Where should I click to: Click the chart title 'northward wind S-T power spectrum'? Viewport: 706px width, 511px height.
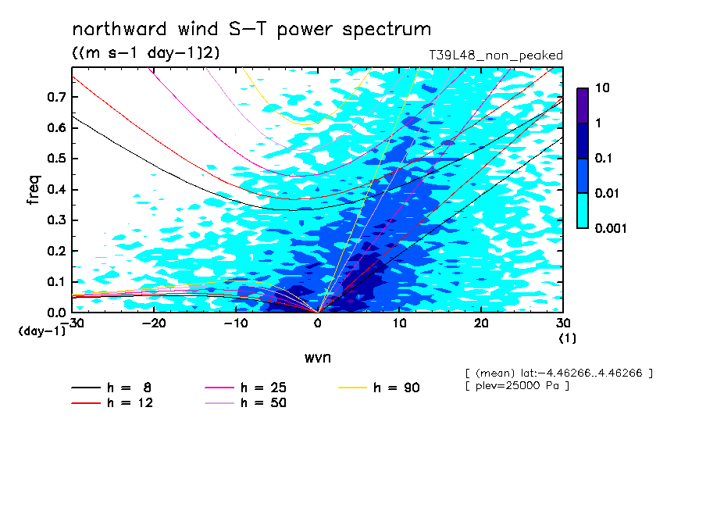(x=251, y=30)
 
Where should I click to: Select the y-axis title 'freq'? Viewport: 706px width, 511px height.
(x=34, y=190)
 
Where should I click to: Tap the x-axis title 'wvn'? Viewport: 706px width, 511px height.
(x=318, y=358)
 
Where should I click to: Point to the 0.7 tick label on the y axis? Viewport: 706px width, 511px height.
(x=56, y=97)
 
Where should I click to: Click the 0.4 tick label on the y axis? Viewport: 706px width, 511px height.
(x=56, y=189)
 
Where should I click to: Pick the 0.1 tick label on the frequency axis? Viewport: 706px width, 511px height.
(x=56, y=281)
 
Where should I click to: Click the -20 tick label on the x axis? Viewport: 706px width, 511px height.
(x=154, y=323)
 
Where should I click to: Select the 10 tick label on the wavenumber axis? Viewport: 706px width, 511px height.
(x=400, y=323)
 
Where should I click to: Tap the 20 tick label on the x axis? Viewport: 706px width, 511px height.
(x=481, y=323)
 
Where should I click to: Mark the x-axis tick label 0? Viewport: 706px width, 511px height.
(x=318, y=323)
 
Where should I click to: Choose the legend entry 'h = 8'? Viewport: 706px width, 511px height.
(x=111, y=388)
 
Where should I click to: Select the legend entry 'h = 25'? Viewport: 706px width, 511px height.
(x=245, y=388)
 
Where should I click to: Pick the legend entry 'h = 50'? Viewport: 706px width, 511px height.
(x=245, y=402)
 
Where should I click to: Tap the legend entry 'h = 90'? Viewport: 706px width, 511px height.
(x=379, y=388)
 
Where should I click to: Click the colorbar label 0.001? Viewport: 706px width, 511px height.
(x=611, y=228)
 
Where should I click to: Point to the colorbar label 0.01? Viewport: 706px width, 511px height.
(x=608, y=193)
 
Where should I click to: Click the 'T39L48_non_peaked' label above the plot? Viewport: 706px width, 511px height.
(x=496, y=55)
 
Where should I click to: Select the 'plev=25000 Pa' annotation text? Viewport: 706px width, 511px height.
(x=517, y=386)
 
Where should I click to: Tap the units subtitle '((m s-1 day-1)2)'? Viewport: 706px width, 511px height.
(x=146, y=53)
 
